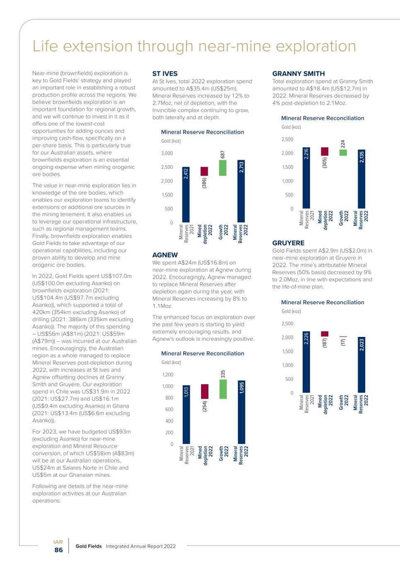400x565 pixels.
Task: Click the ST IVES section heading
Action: point(165,74)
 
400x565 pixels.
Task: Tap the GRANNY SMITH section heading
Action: point(298,74)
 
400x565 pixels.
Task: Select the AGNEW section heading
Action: point(165,255)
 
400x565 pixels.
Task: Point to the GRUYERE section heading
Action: point(288,243)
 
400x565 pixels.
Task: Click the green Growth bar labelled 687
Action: point(223,168)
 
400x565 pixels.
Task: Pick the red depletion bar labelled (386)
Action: point(204,171)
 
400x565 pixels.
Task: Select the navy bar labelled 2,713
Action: point(241,191)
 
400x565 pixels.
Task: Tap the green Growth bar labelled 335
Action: point(223,389)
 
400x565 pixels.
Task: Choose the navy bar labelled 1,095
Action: point(241,412)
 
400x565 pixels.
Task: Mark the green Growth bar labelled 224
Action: point(343,152)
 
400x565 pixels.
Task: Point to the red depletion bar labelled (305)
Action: point(325,151)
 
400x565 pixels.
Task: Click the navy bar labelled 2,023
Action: point(361,365)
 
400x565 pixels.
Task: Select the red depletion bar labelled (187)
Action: point(325,334)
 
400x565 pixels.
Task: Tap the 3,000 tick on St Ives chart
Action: point(167,154)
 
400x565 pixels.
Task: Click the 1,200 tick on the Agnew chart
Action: point(168,375)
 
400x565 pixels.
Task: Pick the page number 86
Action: point(59,550)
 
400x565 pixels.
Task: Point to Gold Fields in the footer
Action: point(89,546)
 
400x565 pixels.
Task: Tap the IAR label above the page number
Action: point(58,542)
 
